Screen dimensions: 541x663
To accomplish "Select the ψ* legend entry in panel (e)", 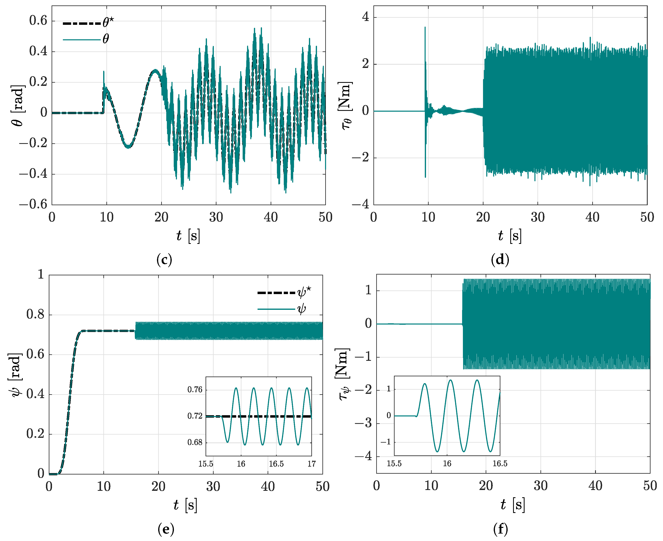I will click(284, 292).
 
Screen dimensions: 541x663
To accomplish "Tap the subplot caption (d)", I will click(500, 259).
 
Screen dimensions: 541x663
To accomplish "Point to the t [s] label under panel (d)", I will click(510, 236).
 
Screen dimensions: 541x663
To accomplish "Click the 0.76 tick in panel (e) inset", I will click(195, 390).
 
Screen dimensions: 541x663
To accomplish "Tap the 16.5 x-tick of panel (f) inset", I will click(500, 463).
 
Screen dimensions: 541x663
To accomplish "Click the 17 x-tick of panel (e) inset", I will click(311, 464).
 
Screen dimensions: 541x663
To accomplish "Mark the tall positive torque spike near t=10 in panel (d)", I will click(425, 28).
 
